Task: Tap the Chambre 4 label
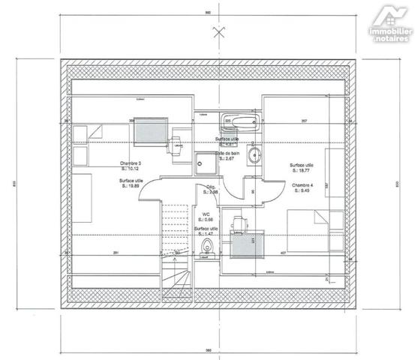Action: (x=302, y=185)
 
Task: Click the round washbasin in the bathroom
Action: (x=254, y=157)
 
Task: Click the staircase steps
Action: (x=174, y=247)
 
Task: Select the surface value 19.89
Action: (x=133, y=188)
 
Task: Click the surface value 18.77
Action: (x=304, y=171)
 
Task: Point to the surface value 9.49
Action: (x=302, y=191)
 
